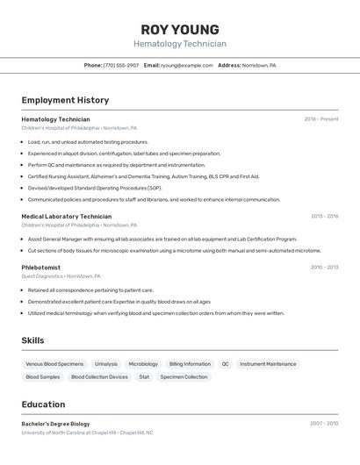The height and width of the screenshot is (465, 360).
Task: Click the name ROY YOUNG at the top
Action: point(180,30)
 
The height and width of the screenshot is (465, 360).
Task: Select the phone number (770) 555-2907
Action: point(121,65)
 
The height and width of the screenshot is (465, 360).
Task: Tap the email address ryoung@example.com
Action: point(187,65)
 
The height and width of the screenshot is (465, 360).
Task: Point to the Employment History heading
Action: point(65,100)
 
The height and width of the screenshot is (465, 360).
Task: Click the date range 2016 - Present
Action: point(321,119)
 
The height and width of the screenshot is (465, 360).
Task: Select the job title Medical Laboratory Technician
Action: point(66,216)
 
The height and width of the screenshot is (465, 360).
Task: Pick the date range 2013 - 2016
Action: point(324,216)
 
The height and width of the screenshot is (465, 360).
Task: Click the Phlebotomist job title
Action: point(40,268)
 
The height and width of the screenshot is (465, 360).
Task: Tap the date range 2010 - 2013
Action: point(324,268)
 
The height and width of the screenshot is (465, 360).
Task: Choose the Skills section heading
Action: point(32,340)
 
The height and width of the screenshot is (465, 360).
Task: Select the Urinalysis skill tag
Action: point(106,364)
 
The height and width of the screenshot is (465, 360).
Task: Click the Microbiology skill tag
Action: point(143,364)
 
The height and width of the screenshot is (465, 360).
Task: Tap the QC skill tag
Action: point(225,364)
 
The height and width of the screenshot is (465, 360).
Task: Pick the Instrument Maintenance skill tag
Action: point(268,364)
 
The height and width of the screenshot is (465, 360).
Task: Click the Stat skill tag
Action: point(144,377)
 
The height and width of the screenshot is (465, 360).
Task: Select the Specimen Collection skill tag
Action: point(184,377)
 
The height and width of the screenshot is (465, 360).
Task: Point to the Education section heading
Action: point(43,404)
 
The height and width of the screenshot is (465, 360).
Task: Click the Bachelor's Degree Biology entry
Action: point(55,424)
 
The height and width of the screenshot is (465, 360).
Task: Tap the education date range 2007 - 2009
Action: point(324,424)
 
